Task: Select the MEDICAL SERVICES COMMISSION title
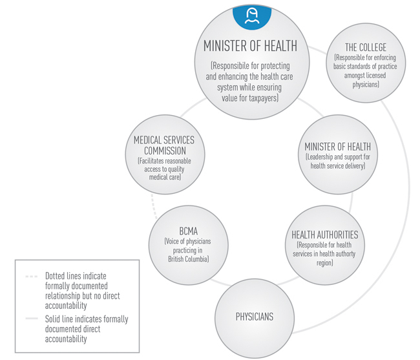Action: point(163,146)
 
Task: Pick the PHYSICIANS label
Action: point(254,316)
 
